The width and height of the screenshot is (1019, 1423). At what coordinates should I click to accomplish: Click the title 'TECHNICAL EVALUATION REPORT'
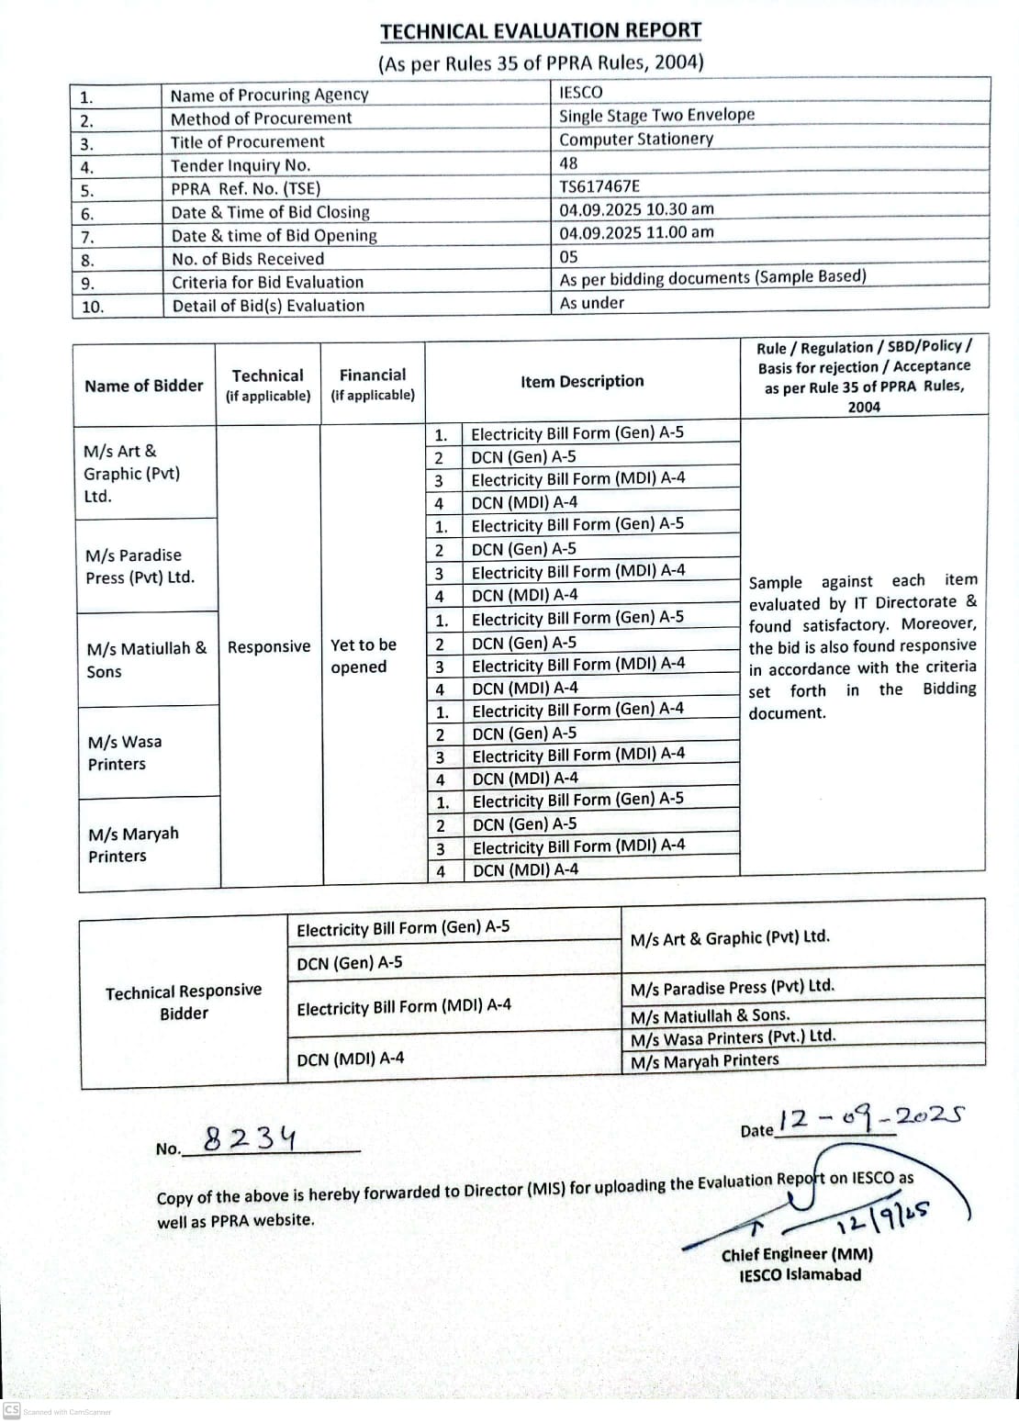(x=541, y=31)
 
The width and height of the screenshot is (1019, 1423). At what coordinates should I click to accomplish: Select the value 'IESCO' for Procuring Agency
(x=581, y=92)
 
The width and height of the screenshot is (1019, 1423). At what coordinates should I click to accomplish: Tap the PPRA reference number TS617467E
(x=599, y=186)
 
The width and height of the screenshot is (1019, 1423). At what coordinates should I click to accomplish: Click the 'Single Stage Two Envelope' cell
(x=656, y=116)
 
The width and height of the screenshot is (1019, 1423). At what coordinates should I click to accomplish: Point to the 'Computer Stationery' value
(x=636, y=140)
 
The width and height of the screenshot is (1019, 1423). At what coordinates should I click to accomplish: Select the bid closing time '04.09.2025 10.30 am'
(x=636, y=209)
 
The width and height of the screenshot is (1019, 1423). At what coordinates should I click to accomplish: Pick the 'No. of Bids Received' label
(x=248, y=259)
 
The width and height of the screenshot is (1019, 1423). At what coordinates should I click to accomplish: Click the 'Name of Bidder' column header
(x=144, y=386)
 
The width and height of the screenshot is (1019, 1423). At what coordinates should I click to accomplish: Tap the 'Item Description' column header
(x=582, y=381)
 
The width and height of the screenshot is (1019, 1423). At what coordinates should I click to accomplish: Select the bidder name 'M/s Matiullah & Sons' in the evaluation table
(x=146, y=659)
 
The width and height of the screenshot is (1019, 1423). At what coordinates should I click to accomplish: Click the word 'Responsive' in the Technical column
(x=269, y=646)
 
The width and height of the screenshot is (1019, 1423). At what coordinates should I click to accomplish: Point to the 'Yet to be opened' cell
(x=364, y=655)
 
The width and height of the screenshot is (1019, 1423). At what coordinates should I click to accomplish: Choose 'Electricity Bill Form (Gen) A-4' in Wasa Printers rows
(x=577, y=710)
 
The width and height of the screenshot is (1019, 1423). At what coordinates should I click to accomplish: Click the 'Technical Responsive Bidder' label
(x=184, y=1002)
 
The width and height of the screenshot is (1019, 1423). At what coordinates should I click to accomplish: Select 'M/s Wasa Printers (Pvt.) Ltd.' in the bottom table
(x=733, y=1037)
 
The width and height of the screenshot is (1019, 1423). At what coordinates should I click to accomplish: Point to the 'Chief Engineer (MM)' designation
(x=797, y=1254)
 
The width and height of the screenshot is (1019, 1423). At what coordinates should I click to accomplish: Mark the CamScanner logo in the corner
(x=12, y=1410)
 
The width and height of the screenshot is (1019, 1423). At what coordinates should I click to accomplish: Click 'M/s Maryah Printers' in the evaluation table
(x=133, y=845)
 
